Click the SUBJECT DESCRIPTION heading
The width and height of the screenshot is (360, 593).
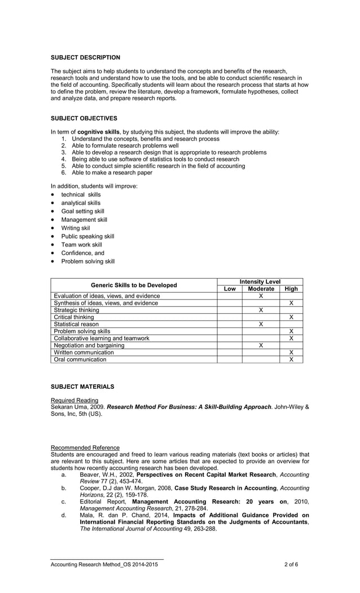[85, 58]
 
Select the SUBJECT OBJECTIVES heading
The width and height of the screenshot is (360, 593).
[84, 118]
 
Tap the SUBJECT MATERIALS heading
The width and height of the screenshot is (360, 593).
[82, 386]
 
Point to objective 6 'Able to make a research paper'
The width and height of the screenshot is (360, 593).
[112, 173]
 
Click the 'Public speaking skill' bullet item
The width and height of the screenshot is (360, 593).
[87, 236]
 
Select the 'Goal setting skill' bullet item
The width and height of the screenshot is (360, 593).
[82, 211]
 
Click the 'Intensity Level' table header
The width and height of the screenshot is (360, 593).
[260, 282]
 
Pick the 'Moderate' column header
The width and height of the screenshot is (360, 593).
[261, 289]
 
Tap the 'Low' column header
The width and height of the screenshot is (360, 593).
[230, 289]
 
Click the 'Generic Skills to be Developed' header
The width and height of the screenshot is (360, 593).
[134, 285]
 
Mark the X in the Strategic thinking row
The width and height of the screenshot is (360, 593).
[261, 310]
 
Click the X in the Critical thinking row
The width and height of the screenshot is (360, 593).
[291, 317]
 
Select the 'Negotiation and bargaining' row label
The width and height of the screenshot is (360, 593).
[89, 345]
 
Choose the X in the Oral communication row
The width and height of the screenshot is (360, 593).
[291, 359]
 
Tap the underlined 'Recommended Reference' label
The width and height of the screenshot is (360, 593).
[85, 447]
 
